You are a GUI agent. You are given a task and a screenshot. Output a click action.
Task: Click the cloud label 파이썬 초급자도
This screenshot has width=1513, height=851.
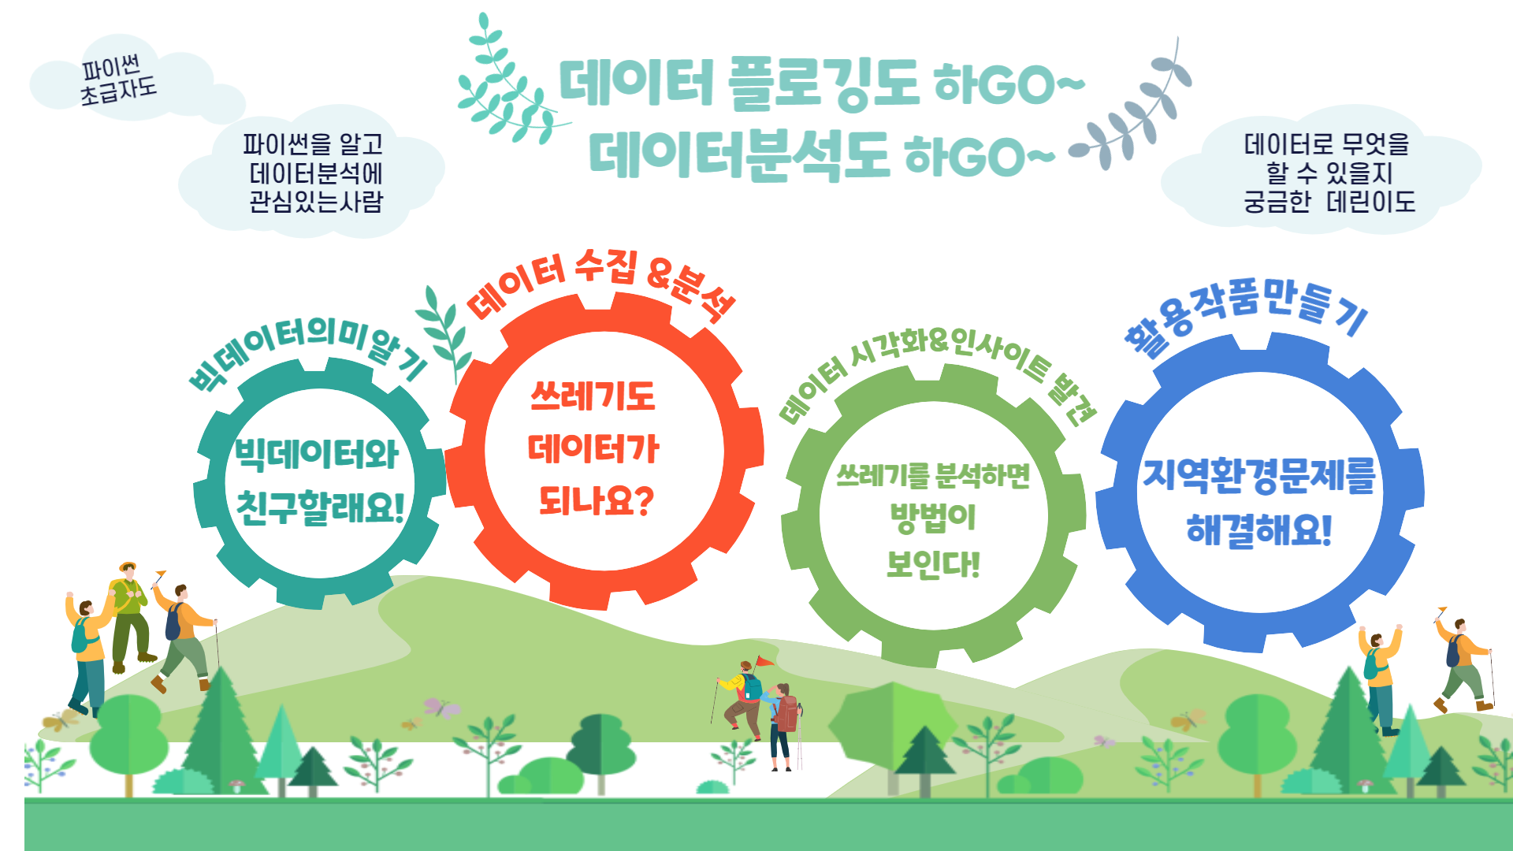coord(118,80)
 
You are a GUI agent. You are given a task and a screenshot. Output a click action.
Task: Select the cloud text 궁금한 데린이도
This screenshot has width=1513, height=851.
coord(1329,202)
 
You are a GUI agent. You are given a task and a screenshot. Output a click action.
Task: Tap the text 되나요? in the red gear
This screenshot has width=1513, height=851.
coord(596,500)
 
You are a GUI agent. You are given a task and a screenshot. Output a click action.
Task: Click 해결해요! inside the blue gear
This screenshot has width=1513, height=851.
coord(1259,530)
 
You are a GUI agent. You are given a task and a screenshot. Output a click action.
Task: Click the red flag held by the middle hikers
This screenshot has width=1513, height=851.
coord(765,661)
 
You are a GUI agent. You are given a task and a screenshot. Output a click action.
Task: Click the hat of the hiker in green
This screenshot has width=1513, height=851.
coord(128,567)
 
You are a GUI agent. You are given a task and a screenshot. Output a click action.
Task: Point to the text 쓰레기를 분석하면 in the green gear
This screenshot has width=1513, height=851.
coord(933,475)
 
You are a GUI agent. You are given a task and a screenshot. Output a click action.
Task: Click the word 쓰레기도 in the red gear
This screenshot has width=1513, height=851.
coord(593,396)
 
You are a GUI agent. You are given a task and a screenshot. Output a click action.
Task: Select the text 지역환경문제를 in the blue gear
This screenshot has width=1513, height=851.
coord(1259,476)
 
